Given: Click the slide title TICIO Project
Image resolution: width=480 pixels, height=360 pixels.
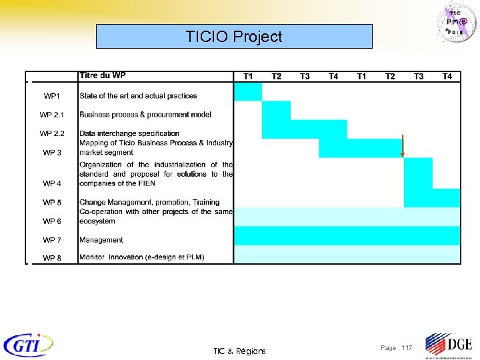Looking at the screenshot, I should tap(234, 37).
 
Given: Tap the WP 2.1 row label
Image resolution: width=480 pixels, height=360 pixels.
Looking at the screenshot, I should tap(51, 115).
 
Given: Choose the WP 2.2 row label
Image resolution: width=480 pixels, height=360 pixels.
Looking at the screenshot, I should tap(51, 133).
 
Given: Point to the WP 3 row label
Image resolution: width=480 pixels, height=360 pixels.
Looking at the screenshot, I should tap(51, 153).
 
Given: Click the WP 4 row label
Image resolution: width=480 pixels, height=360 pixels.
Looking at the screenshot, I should tap(51, 183).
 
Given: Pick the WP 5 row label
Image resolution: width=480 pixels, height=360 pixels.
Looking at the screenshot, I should tap(51, 202).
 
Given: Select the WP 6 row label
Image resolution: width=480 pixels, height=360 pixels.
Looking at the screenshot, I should tap(51, 221).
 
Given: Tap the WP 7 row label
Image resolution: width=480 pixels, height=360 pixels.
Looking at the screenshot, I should tap(51, 239).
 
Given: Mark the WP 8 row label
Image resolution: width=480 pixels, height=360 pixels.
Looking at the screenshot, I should tap(51, 258).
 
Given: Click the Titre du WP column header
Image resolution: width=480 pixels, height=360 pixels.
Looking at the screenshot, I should tap(102, 75).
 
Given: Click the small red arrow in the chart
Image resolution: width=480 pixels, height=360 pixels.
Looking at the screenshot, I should tap(402, 146).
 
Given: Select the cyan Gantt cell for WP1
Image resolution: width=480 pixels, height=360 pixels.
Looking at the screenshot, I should tap(248, 91).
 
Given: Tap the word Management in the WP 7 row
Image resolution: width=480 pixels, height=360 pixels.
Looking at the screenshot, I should tap(101, 239).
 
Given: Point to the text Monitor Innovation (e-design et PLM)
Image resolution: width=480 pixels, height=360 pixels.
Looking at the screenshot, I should tap(141, 257).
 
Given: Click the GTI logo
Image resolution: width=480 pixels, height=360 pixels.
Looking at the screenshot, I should tap(29, 345).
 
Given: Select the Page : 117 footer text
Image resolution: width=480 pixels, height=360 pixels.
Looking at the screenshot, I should tap(396, 348).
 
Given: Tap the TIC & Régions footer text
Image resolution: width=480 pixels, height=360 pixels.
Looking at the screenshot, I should tap(239, 351).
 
